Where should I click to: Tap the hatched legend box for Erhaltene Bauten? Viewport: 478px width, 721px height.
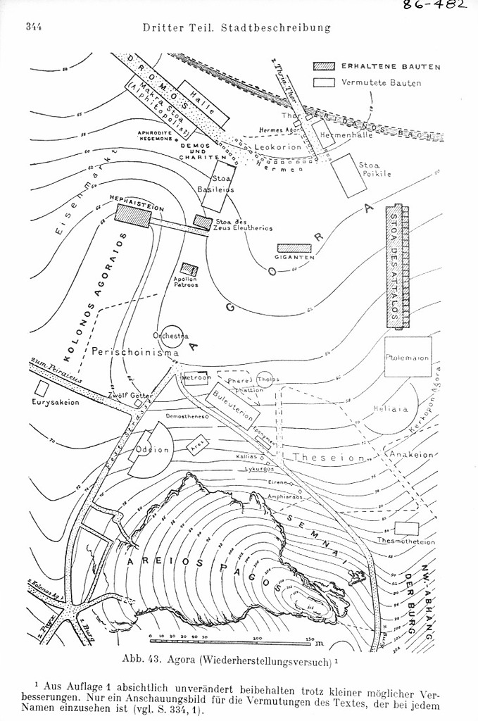point(324,66)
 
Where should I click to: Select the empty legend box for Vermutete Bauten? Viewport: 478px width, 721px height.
point(324,82)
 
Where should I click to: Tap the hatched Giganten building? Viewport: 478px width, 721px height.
point(294,248)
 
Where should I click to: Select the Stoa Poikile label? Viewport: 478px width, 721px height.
point(374,170)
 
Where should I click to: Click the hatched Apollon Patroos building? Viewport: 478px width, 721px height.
point(188,268)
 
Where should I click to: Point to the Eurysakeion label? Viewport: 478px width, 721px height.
point(56,402)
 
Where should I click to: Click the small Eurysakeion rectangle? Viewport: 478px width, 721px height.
point(42,387)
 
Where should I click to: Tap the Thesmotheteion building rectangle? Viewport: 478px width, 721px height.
point(405,528)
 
